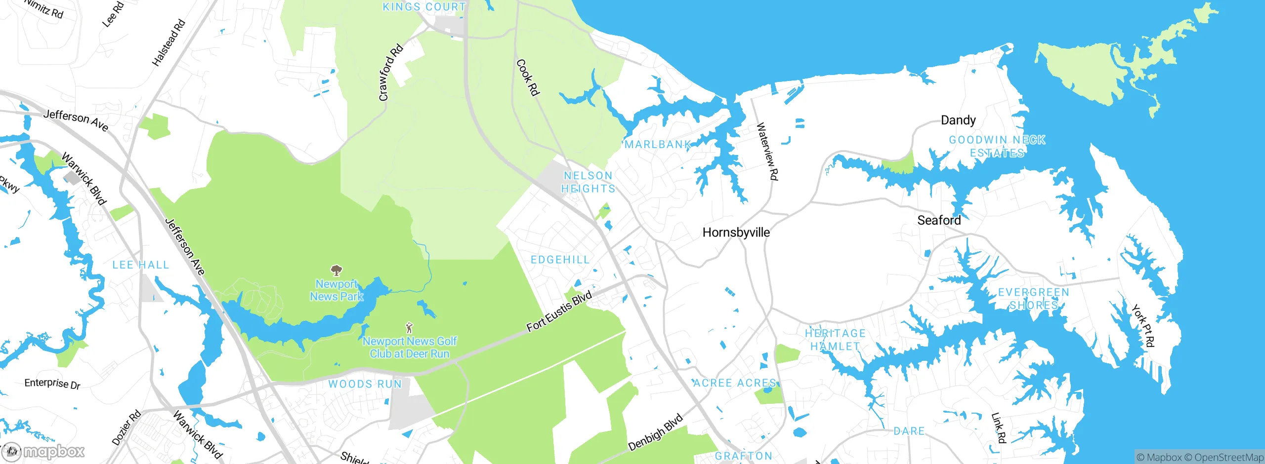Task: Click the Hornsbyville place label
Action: pos(736,232)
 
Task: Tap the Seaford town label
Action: pos(939,220)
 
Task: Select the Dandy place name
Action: pos(958,120)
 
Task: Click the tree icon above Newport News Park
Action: pos(337,270)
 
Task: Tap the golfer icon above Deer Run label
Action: pos(409,328)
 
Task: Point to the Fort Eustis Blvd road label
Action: pos(559,312)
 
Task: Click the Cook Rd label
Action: pos(528,77)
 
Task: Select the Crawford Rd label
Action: pos(390,73)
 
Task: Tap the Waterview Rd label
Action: pos(767,152)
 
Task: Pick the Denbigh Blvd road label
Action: pos(655,432)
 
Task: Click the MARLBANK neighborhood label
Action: pos(658,145)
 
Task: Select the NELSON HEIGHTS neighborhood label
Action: pos(588,182)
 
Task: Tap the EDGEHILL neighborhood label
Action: pos(560,260)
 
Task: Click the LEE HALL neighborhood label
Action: pos(141,265)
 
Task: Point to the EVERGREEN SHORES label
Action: pos(1034,299)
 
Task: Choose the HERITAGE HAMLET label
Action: pos(835,340)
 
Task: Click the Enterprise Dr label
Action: pos(52,384)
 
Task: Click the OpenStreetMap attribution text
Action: pos(1228,458)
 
